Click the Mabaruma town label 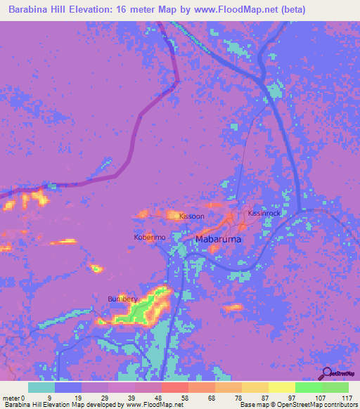218,240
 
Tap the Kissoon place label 191,216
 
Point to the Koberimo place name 150,238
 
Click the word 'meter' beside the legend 11,398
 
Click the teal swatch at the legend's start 41,387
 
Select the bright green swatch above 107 309,387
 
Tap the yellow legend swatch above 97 282,387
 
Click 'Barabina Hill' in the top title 40,10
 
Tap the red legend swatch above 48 174,387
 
